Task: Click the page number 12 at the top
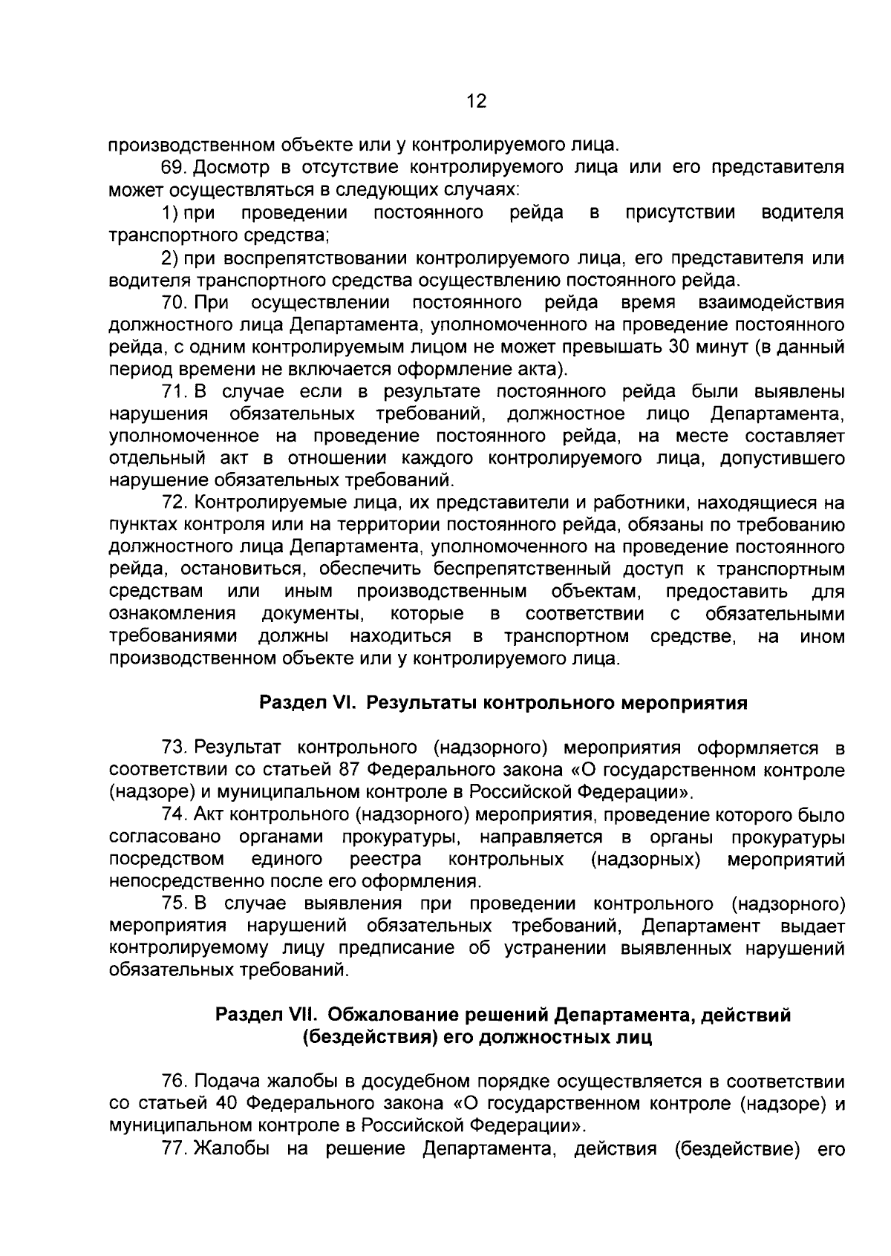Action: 476,102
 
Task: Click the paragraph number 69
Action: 175,168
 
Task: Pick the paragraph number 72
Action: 175,504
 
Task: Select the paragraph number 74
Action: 175,816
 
